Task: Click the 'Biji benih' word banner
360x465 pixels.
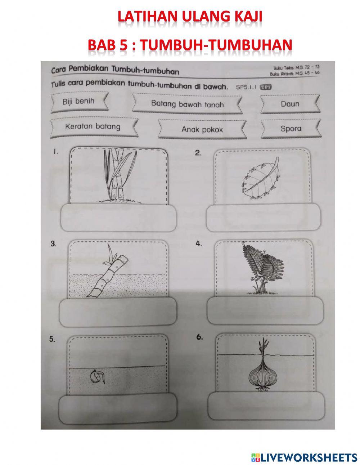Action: coord(78,101)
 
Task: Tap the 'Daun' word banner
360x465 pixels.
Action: coord(290,104)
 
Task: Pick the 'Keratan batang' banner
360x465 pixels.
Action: coord(93,127)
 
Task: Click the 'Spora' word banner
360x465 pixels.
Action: coord(291,129)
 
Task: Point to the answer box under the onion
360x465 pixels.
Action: coord(265,407)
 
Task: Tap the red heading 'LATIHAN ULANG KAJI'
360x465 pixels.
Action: coord(190,17)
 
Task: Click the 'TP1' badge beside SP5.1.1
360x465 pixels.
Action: coord(265,86)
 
